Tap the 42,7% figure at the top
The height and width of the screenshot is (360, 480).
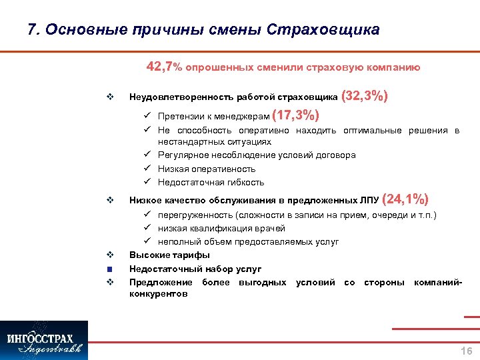point(163,67)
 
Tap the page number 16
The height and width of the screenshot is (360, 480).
point(466,351)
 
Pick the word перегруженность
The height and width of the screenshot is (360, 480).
point(195,215)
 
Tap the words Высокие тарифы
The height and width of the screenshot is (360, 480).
point(169,255)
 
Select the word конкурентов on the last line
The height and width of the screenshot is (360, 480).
point(158,293)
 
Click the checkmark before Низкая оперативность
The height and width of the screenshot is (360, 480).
point(151,169)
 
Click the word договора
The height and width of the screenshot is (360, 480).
point(336,155)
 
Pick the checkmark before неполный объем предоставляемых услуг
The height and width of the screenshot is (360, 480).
point(151,241)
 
